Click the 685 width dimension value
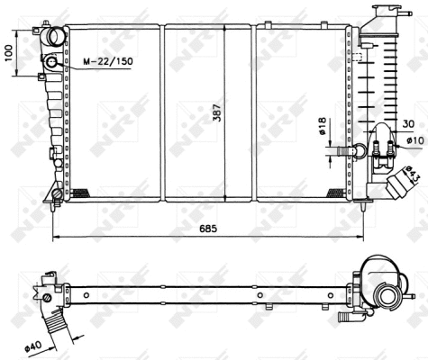[x=208, y=229]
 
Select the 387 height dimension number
[x=217, y=112]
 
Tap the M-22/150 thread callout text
[x=108, y=61]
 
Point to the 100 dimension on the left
[x=8, y=53]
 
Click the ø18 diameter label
[x=322, y=126]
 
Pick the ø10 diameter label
[x=416, y=140]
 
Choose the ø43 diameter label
[x=412, y=175]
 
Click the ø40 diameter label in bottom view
[x=33, y=347]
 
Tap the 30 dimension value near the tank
[x=408, y=123]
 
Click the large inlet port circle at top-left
[x=56, y=36]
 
